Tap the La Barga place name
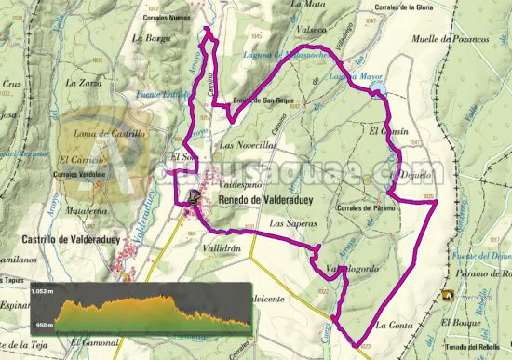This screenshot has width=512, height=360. pos(151,38)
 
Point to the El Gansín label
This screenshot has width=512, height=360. pos(387,132)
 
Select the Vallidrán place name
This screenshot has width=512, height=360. pos(222,250)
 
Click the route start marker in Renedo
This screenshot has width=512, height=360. pos(195,197)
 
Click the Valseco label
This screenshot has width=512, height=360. pos(310,30)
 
